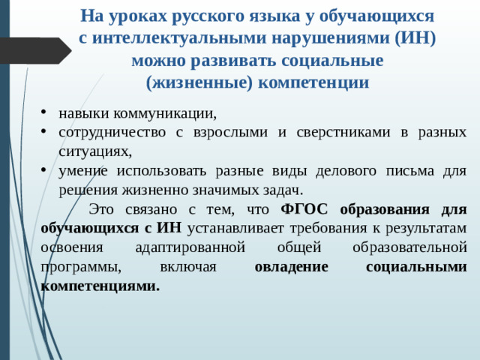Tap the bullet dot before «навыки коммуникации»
(46, 114)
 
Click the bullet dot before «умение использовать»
(46, 170)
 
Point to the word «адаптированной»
(199, 247)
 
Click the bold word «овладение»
(292, 266)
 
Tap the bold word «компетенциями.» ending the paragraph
(101, 286)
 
